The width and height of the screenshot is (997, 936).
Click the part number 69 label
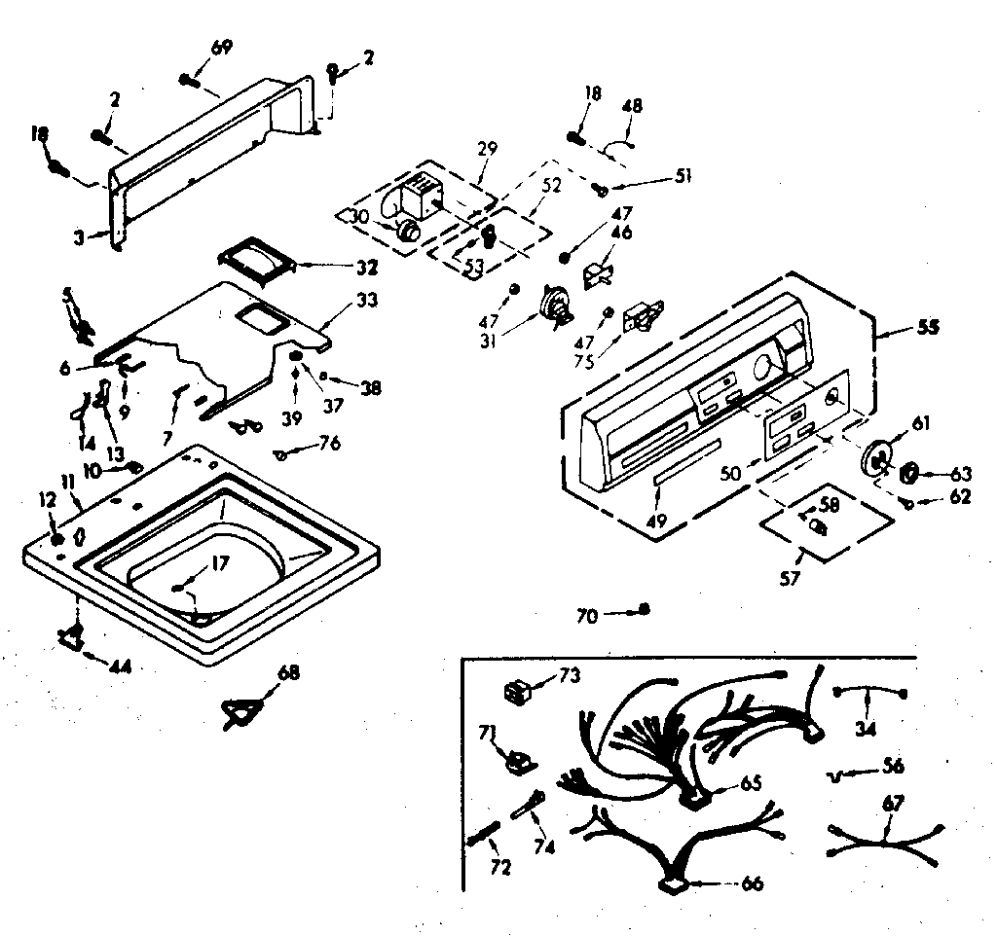coord(222,48)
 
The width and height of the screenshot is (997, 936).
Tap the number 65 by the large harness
coord(751,783)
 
